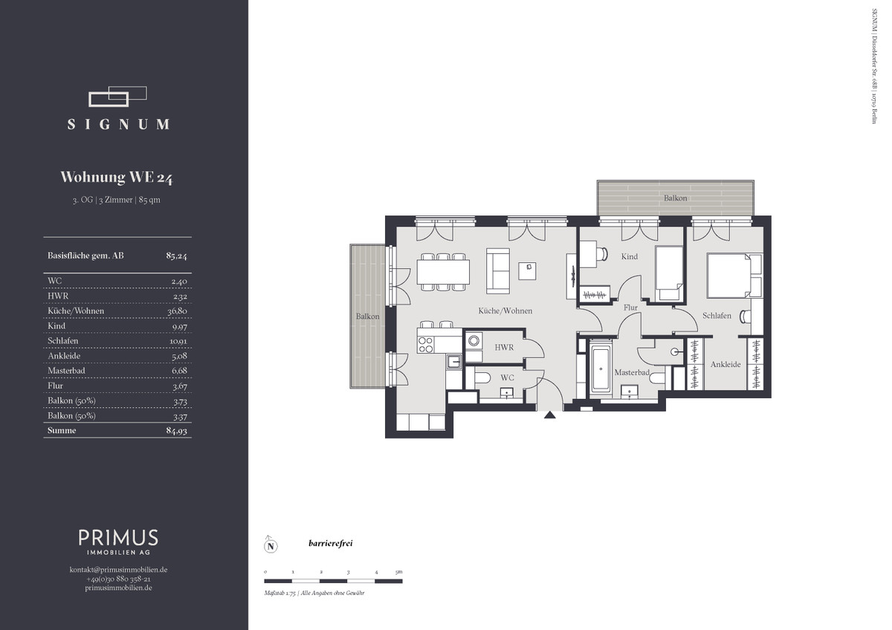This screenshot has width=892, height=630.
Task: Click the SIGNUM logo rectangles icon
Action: pyautogui.click(x=117, y=97)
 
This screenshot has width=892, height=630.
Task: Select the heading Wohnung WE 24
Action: pyautogui.click(x=116, y=178)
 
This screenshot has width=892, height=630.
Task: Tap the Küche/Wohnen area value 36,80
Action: pyautogui.click(x=177, y=311)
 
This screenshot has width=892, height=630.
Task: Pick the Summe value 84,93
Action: pyautogui.click(x=177, y=431)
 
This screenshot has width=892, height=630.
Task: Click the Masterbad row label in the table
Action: pyautogui.click(x=66, y=371)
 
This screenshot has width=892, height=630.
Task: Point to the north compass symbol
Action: pyautogui.click(x=271, y=545)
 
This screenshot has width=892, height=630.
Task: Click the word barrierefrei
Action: pyautogui.click(x=331, y=543)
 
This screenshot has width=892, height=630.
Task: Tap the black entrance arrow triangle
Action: pyautogui.click(x=550, y=415)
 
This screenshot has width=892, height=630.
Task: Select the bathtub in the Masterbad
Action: pyautogui.click(x=601, y=368)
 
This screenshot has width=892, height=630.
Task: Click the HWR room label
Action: pyautogui.click(x=504, y=348)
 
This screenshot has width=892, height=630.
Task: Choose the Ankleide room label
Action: pyautogui.click(x=725, y=364)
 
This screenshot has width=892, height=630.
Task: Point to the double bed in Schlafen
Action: pyautogui.click(x=734, y=276)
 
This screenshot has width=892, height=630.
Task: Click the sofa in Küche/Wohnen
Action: pyautogui.click(x=498, y=271)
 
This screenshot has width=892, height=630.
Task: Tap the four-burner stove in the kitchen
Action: pyautogui.click(x=426, y=345)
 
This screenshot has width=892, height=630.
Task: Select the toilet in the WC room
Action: pyautogui.click(x=482, y=377)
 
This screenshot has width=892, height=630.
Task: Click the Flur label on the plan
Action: pyautogui.click(x=630, y=308)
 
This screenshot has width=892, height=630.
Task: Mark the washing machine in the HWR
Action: pyautogui.click(x=474, y=341)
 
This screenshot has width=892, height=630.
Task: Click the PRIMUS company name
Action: pyautogui.click(x=118, y=537)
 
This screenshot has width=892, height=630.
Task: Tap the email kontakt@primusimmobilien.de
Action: pyautogui.click(x=118, y=570)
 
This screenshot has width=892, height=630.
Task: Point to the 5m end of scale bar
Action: pyautogui.click(x=402, y=581)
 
